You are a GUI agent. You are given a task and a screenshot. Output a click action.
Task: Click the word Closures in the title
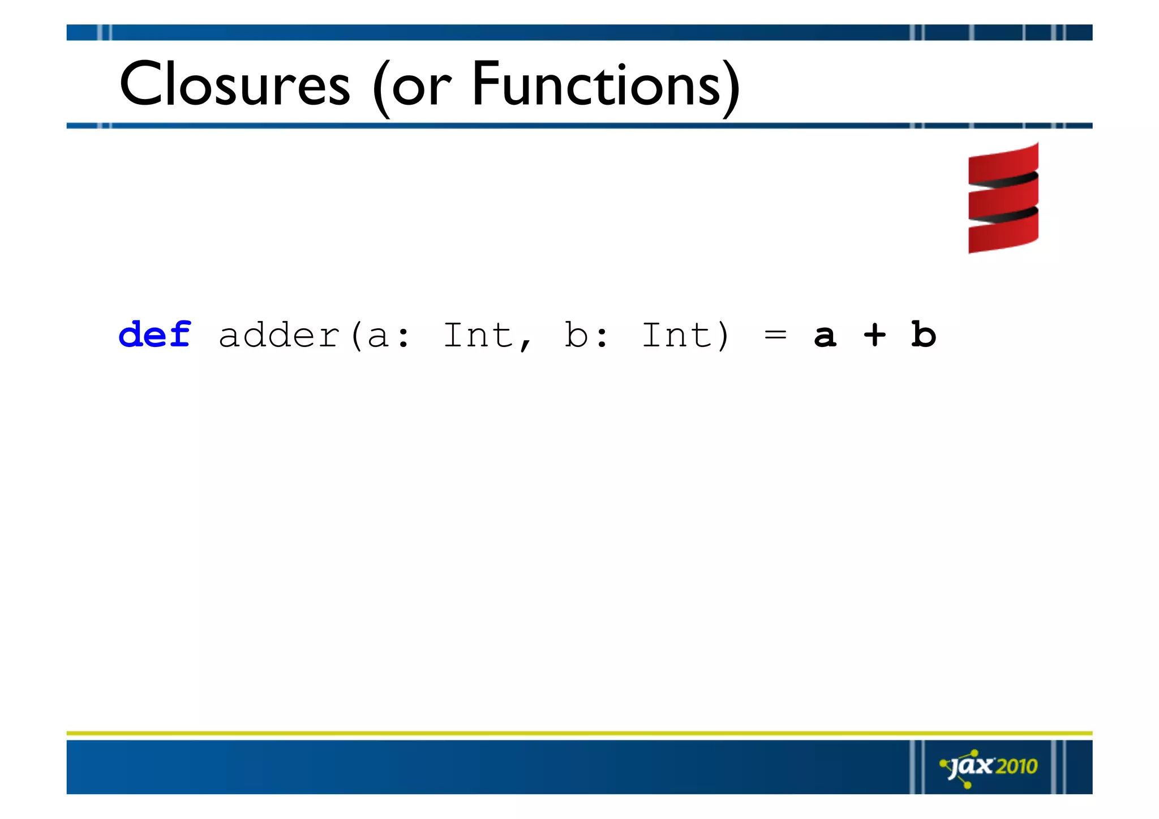235,85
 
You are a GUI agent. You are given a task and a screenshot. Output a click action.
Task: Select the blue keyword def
154,335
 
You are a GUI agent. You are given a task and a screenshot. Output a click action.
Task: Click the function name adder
279,335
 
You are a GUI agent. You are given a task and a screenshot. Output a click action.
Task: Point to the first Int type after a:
478,335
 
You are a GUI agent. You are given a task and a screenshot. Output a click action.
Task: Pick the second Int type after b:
676,335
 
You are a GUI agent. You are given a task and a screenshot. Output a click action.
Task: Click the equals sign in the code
775,335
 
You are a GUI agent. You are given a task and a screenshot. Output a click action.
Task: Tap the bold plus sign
874,335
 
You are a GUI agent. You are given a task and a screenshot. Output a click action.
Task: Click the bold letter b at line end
924,335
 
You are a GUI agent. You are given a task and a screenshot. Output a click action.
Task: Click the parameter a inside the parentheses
378,337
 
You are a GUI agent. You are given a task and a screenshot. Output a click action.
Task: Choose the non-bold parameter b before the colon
576,335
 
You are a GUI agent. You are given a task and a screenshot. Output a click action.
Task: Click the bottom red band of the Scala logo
1003,237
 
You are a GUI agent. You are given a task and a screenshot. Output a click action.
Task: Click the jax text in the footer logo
972,766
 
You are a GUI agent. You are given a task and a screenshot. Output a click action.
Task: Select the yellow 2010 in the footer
1016,766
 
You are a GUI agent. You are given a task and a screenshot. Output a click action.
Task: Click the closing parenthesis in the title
731,88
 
